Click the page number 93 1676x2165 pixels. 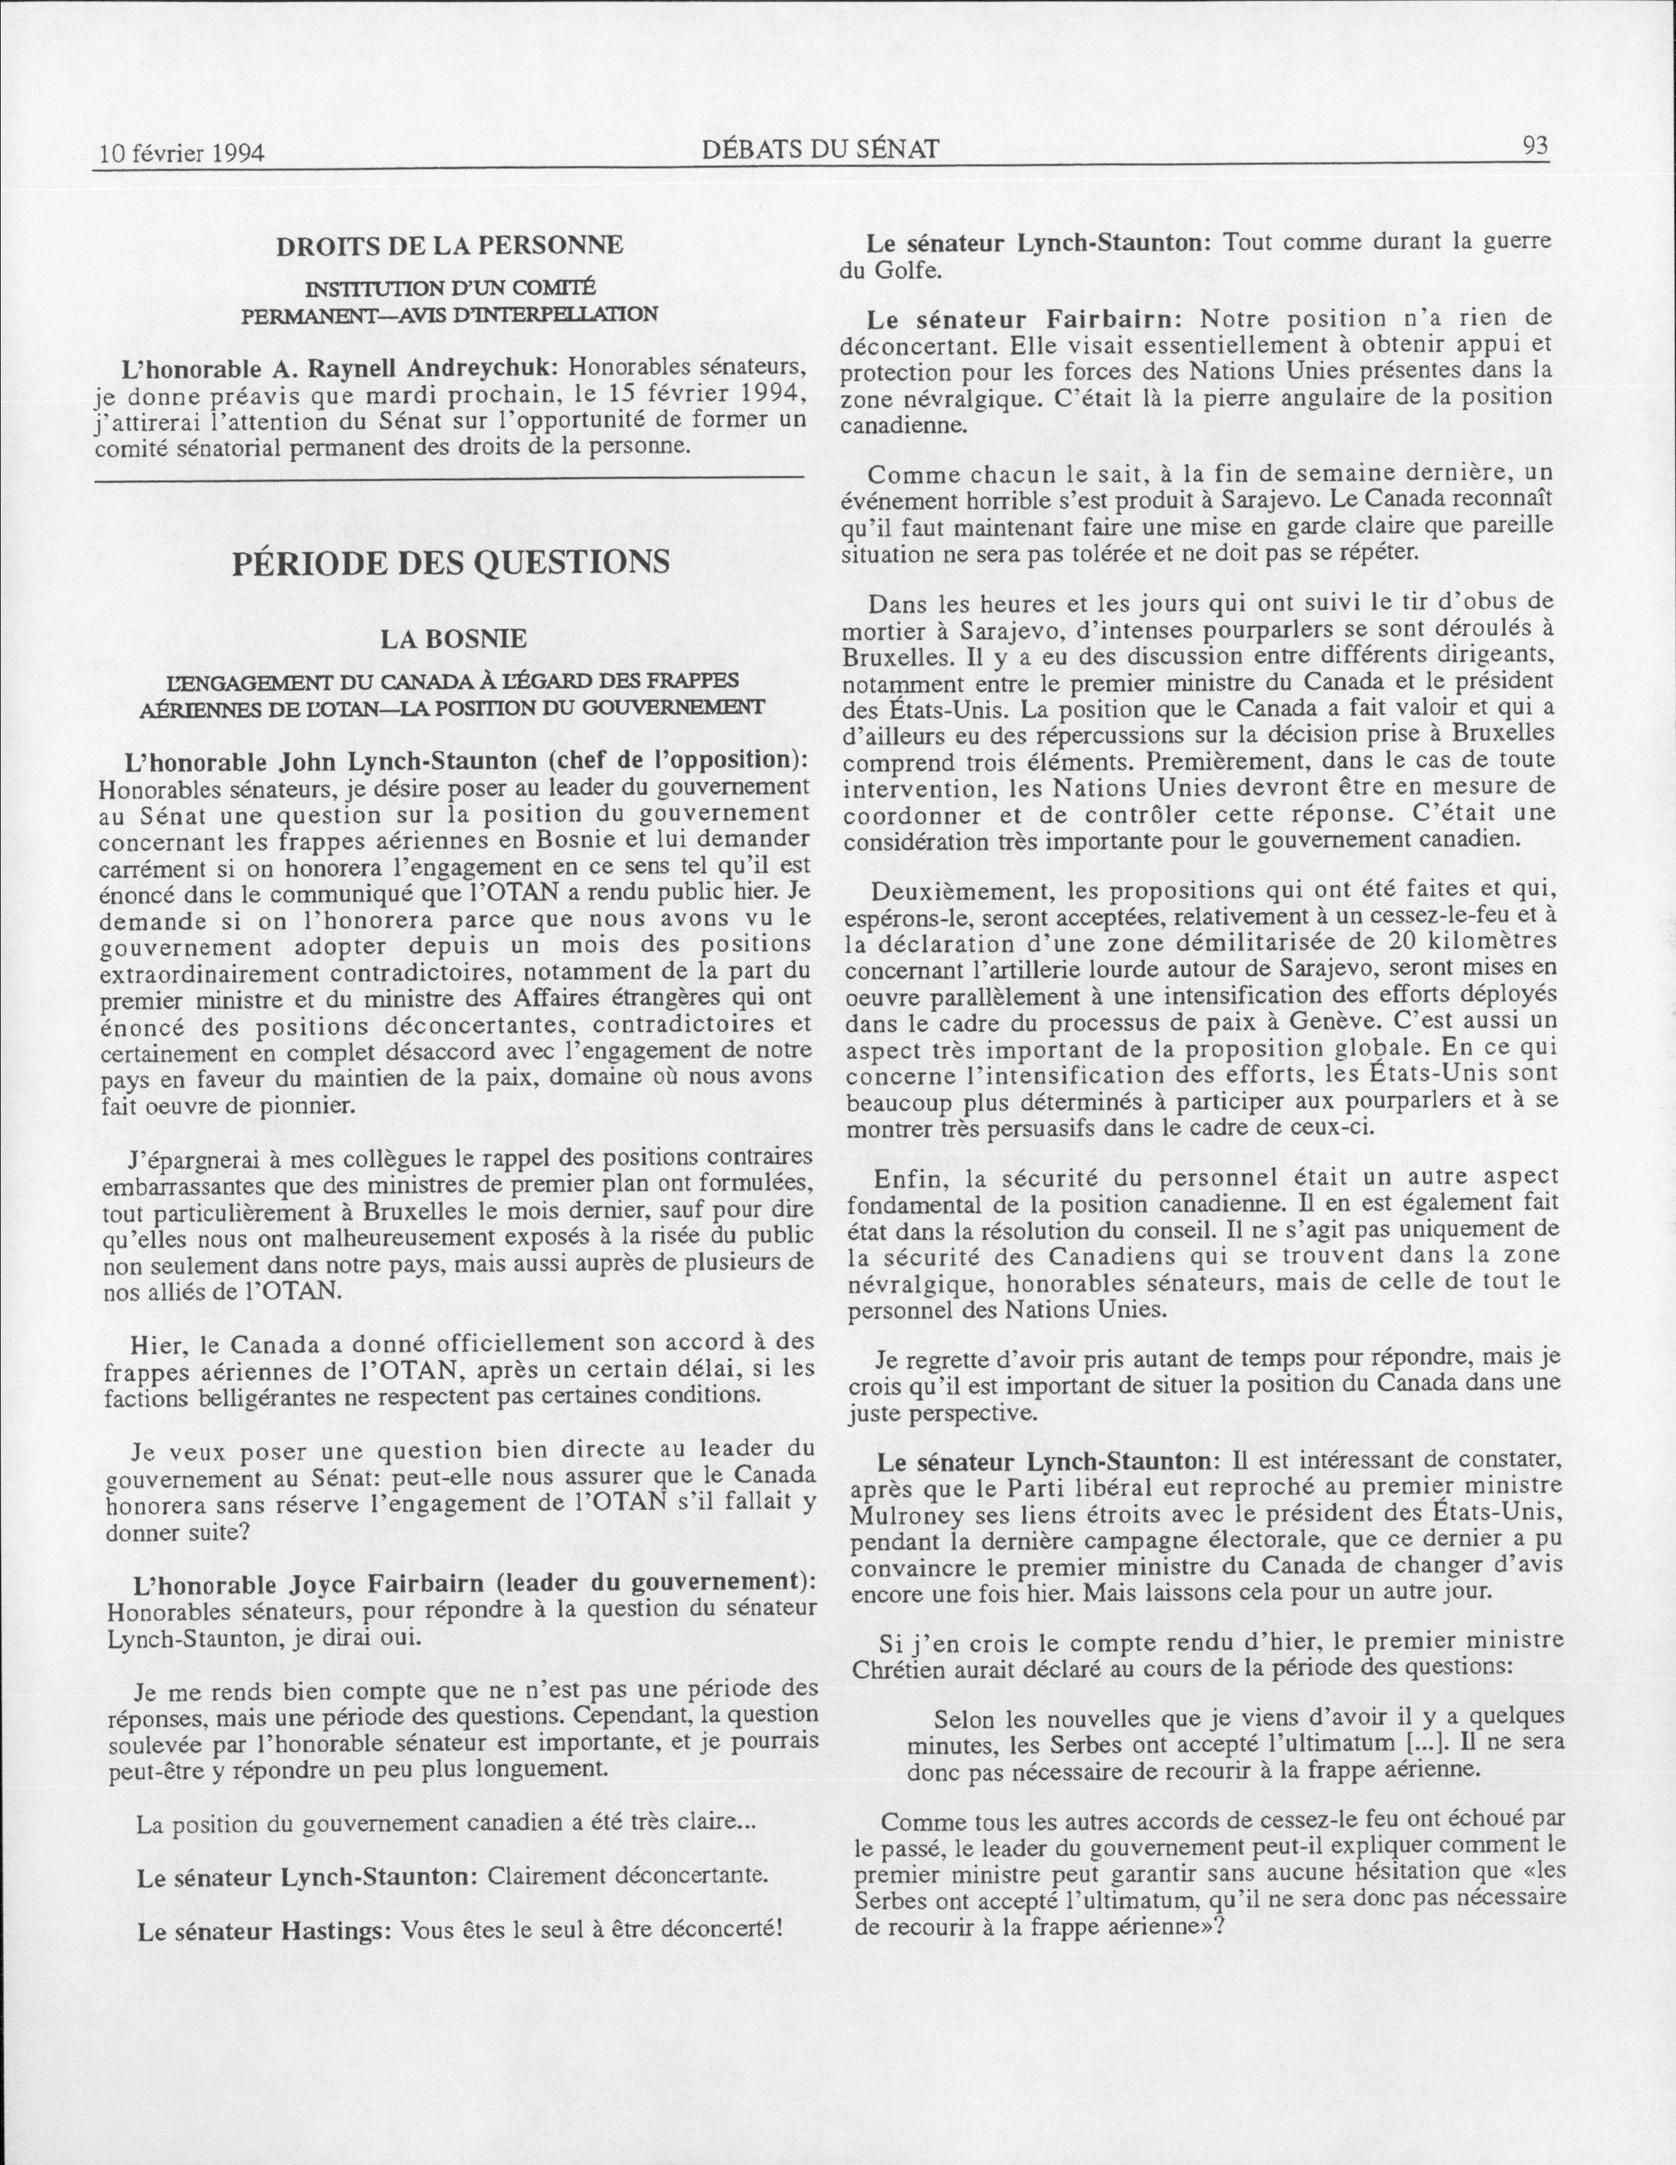pos(1535,147)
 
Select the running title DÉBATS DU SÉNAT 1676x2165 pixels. pos(820,151)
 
